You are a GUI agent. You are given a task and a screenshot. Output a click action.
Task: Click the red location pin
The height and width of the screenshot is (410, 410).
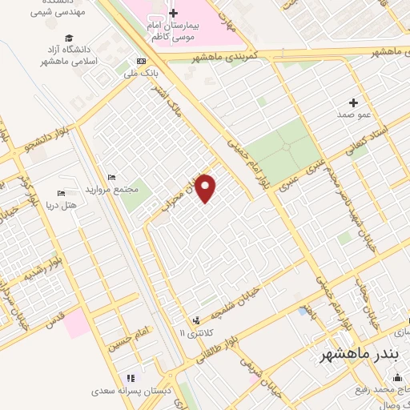pos(207,188)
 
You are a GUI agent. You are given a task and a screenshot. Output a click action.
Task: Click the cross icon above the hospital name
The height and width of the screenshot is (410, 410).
pos(173,13)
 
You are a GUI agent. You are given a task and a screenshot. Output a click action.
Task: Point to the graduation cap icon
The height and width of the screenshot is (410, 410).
pos(69,38)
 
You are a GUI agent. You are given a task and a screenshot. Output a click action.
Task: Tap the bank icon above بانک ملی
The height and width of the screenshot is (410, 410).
pos(142,62)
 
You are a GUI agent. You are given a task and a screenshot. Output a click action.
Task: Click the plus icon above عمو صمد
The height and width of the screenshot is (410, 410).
pos(353,102)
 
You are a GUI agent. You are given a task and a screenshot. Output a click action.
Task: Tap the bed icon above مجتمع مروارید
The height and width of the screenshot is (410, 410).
pos(111,177)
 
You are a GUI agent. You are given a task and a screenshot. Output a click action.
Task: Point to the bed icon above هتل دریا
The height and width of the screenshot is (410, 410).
pos(61,193)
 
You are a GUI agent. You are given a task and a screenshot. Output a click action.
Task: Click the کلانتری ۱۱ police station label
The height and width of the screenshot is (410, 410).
pos(192,332)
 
